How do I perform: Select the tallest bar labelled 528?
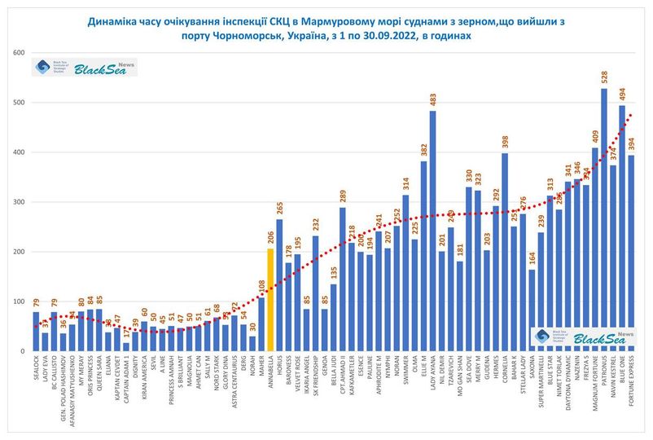click(x=603, y=220)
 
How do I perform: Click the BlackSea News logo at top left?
click(x=85, y=67)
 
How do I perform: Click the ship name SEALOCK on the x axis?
click(x=37, y=366)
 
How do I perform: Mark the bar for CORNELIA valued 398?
click(x=505, y=253)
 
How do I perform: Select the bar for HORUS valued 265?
click(x=279, y=285)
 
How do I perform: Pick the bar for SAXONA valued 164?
click(x=532, y=310)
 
